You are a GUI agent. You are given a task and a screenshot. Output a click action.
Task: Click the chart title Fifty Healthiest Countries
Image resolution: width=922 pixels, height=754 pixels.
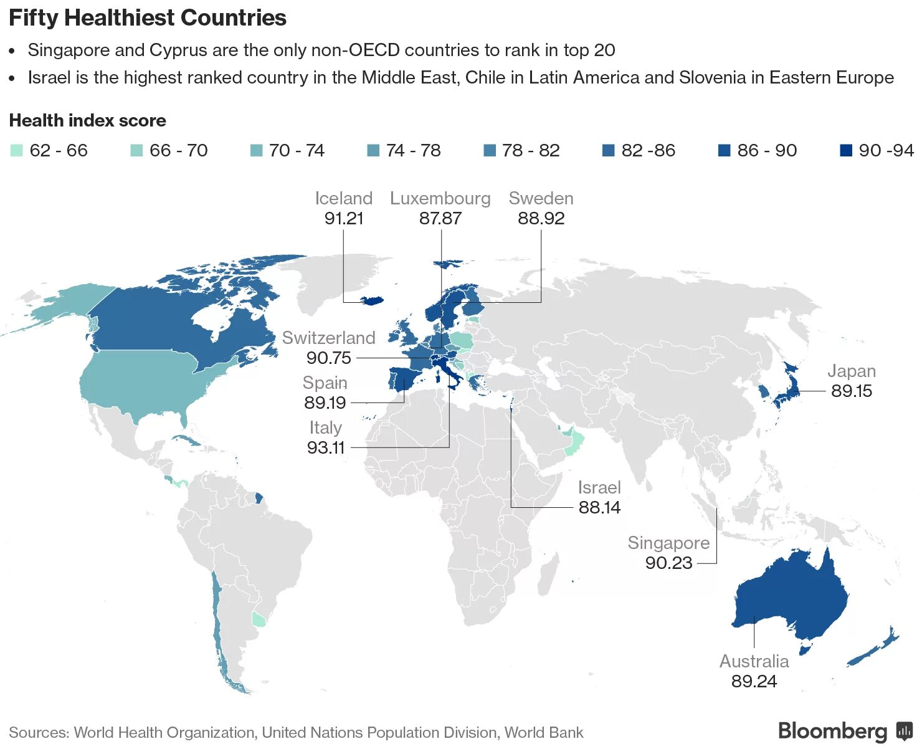tap(148, 17)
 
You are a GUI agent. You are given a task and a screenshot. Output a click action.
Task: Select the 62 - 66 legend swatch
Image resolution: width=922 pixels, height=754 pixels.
tap(17, 150)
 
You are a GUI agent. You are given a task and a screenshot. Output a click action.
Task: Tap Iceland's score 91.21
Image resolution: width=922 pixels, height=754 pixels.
tap(343, 218)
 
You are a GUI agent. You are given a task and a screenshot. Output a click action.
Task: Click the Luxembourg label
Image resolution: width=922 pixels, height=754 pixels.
tap(440, 198)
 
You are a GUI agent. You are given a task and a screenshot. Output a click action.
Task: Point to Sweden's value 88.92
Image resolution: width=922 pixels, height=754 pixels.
tap(541, 218)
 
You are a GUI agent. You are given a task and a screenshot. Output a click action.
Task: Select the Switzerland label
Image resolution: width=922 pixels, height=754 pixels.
tap(328, 338)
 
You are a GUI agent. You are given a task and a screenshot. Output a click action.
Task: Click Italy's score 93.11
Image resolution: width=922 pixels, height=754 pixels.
tap(325, 447)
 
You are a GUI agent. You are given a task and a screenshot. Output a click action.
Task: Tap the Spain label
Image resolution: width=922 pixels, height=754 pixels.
tap(325, 383)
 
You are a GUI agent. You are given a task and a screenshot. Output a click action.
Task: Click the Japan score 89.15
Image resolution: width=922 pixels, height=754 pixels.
tap(851, 391)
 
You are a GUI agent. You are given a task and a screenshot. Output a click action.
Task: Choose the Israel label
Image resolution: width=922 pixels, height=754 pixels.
tap(599, 487)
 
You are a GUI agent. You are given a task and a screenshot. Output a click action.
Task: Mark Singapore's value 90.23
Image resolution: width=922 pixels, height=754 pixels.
tap(668, 563)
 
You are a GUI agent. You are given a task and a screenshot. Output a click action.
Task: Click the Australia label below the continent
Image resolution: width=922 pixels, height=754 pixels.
tap(754, 661)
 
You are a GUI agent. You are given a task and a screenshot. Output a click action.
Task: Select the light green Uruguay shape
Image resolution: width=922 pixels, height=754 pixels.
tap(258, 619)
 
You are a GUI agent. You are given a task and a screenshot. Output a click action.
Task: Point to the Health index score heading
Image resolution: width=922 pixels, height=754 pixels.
tap(87, 120)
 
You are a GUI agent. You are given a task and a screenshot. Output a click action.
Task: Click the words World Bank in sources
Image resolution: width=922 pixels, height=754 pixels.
tap(543, 732)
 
